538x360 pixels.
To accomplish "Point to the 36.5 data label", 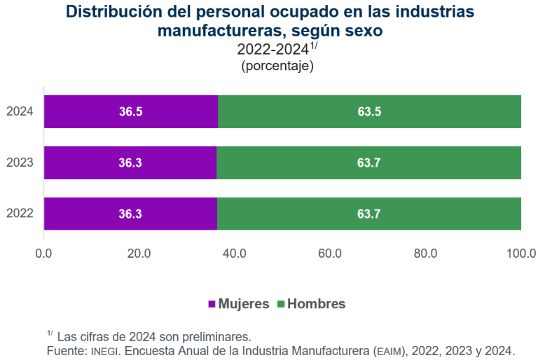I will click(131, 111).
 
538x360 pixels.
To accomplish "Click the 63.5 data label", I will click(369, 111).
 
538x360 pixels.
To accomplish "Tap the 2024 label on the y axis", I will click(20, 111).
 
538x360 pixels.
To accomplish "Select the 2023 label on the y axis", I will click(20, 162).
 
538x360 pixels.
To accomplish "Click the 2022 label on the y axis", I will click(20, 214).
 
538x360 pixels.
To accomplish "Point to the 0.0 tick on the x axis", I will click(44, 253).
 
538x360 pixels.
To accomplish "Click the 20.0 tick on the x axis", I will click(139, 253).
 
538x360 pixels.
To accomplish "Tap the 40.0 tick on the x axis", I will click(235, 253).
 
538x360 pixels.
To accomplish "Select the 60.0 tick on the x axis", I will click(330, 253).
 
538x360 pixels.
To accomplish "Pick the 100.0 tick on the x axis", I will click(520, 253).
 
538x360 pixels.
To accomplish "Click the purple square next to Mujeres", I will click(212, 304).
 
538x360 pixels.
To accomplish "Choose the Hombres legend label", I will click(317, 304).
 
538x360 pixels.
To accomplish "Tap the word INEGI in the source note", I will click(102, 349).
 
